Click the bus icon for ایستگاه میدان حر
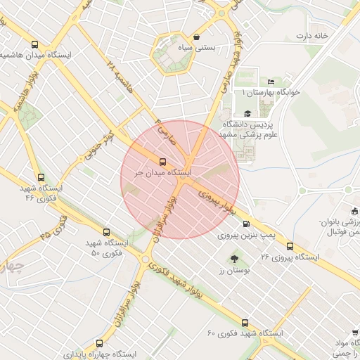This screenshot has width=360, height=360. [x=163, y=160]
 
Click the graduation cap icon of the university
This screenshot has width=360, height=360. [x=247, y=114]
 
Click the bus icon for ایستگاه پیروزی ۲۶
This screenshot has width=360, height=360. [x=290, y=246]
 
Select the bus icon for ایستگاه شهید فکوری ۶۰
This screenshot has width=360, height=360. [x=244, y=323]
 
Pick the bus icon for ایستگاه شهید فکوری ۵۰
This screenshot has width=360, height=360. [x=107, y=231]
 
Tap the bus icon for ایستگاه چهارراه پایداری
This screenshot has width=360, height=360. [x=98, y=344]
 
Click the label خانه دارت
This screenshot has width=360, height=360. [x=312, y=35]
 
